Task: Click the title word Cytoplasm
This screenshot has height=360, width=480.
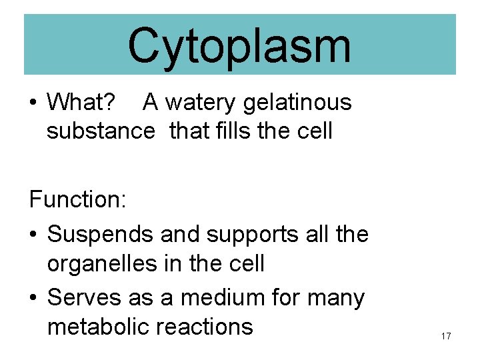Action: [239, 45]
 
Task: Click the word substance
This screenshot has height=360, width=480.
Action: [100, 131]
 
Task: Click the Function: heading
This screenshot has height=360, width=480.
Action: [77, 200]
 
